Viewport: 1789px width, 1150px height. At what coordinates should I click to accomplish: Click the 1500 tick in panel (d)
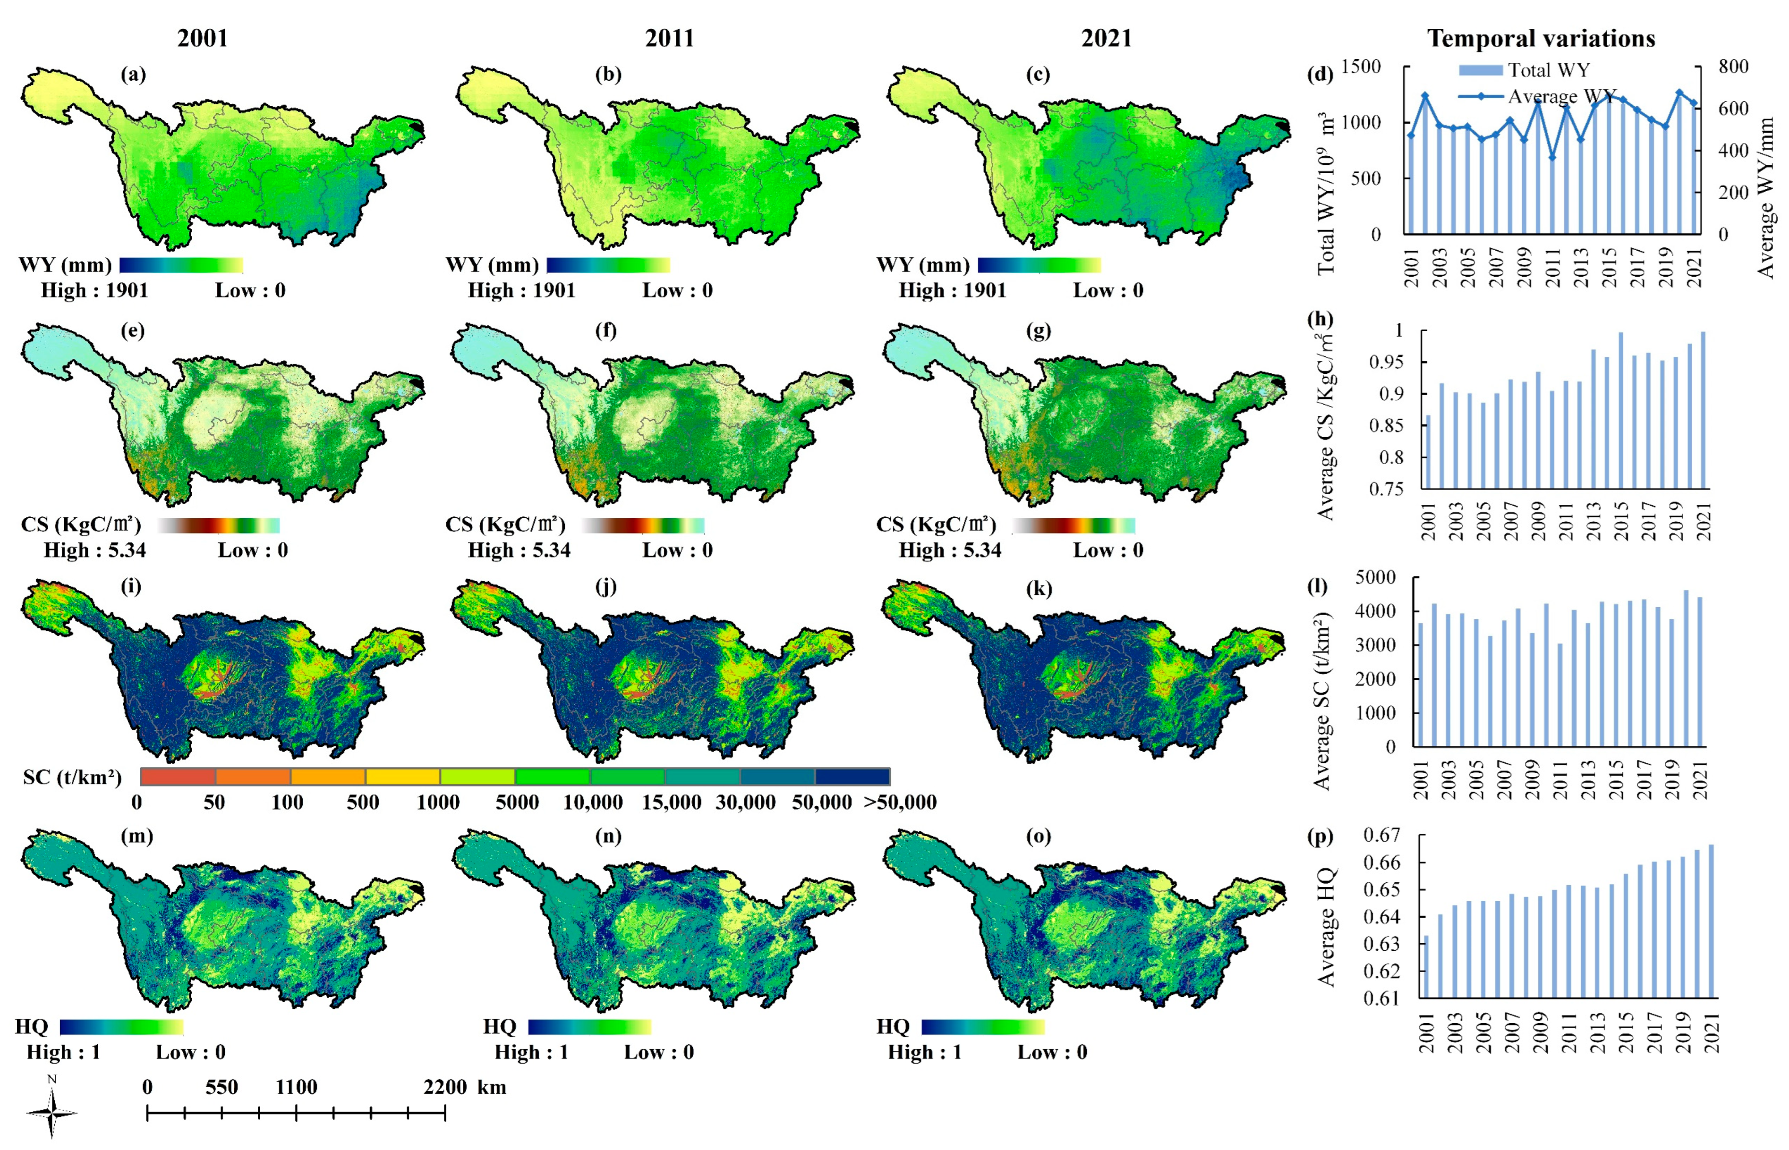pyautogui.click(x=1362, y=67)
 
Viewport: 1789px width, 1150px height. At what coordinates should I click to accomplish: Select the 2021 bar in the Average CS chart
pyautogui.click(x=1703, y=411)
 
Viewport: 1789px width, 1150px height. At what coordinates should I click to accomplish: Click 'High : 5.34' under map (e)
pyautogui.click(x=95, y=550)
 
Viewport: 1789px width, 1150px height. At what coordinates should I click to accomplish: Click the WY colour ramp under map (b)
pyautogui.click(x=608, y=265)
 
